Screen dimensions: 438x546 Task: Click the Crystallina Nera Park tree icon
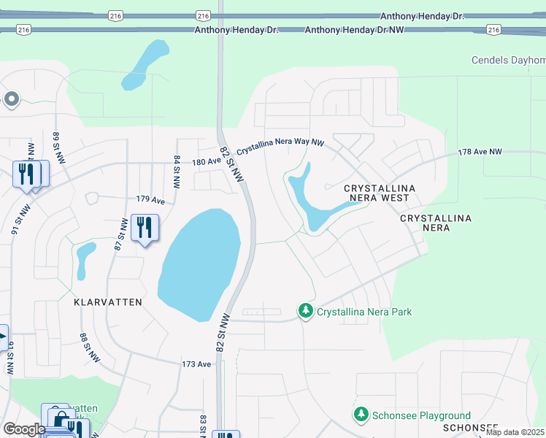click(306, 312)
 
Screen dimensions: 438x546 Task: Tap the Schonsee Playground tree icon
click(361, 415)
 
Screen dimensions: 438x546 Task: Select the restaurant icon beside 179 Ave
click(145, 228)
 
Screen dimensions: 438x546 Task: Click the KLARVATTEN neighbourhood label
click(108, 301)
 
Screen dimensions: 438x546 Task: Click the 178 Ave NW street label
click(480, 152)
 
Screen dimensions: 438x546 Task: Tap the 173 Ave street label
click(196, 364)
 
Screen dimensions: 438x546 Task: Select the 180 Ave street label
click(205, 163)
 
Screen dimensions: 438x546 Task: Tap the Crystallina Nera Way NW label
click(280, 145)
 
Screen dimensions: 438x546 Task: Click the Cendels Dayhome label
click(508, 60)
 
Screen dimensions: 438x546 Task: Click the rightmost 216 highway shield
click(494, 30)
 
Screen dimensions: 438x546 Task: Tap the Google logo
click(24, 429)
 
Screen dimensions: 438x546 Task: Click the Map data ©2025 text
click(515, 432)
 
